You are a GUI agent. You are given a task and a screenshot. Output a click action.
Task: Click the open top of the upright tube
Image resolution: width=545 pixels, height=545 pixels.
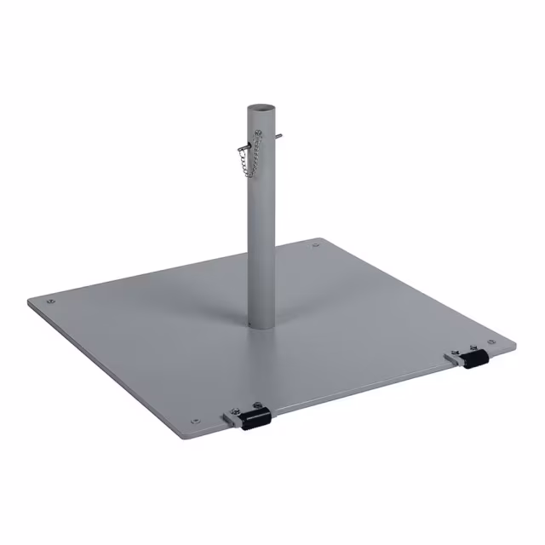coord(261,107)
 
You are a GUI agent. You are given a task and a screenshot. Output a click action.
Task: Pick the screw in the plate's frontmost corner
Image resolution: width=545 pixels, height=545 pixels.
coord(198,419)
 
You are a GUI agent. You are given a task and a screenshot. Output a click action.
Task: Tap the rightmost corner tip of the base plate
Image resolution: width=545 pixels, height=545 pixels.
coord(514,345)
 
